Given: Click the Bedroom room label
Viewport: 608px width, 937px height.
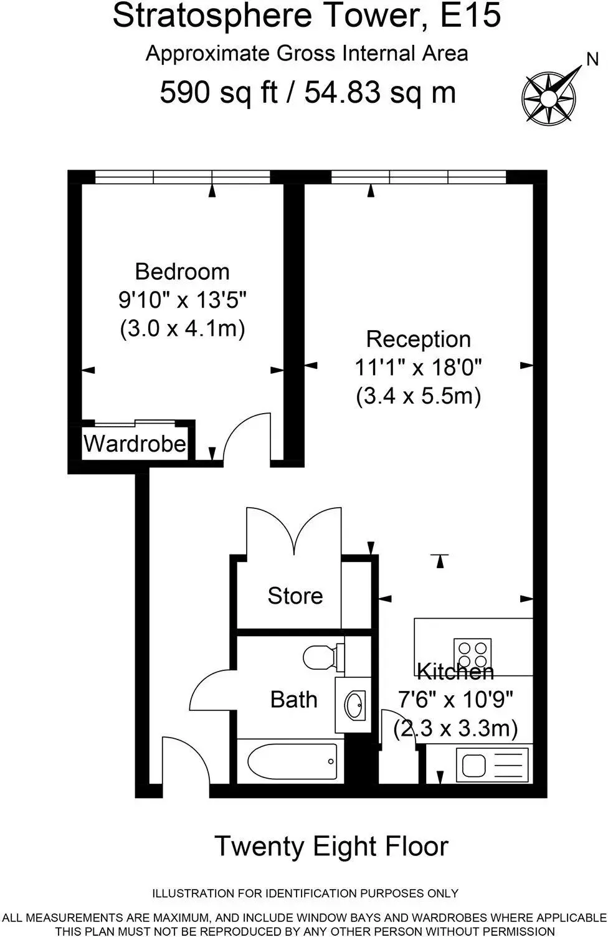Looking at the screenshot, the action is click(x=183, y=272).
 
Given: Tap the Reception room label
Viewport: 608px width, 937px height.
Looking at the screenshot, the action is click(x=419, y=340).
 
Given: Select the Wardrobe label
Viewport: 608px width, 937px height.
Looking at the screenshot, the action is click(x=135, y=444).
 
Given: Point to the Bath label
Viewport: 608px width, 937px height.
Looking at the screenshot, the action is click(x=293, y=700).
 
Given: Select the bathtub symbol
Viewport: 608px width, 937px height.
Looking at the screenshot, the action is click(x=292, y=761).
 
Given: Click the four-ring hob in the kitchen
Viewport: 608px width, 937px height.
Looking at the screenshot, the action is click(x=473, y=655).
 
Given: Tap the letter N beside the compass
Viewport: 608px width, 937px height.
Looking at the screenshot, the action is click(x=592, y=59).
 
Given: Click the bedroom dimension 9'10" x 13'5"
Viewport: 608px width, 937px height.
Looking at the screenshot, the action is click(x=183, y=300).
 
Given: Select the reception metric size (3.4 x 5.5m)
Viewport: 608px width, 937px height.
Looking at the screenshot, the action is click(x=419, y=395).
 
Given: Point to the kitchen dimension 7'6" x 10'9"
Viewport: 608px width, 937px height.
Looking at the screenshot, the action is click(x=455, y=699).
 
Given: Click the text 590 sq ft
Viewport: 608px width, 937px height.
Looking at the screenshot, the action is click(x=219, y=92).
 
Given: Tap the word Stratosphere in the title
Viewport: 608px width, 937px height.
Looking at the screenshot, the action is click(x=212, y=16).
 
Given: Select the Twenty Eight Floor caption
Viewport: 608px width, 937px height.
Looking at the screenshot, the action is click(x=331, y=847).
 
